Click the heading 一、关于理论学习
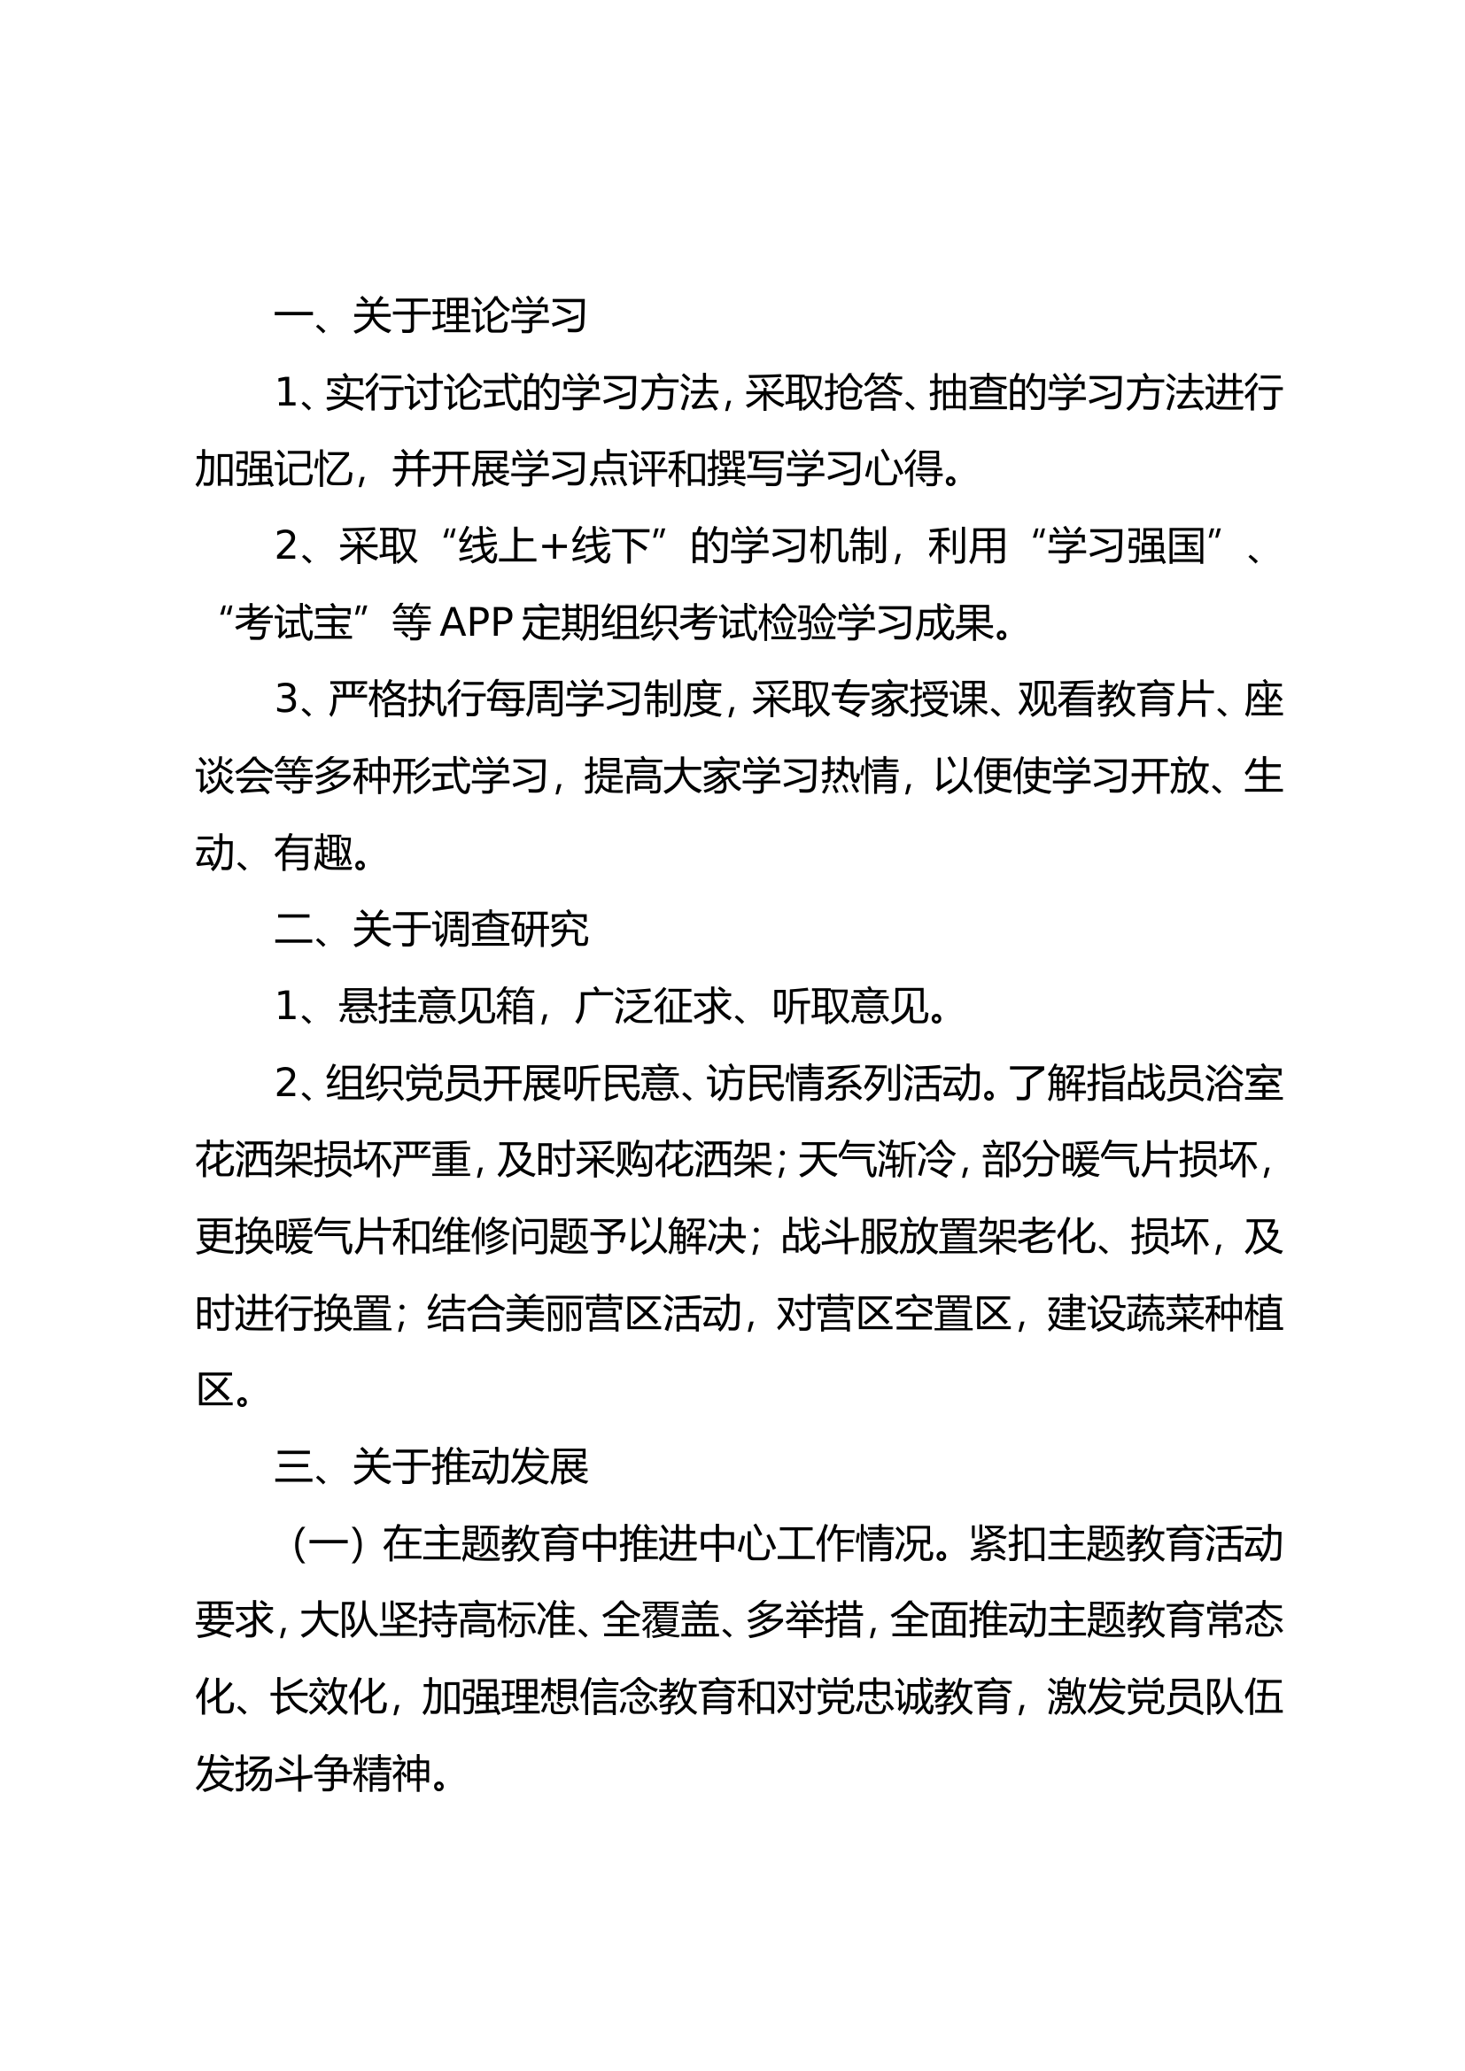(x=430, y=317)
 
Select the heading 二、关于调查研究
(x=430, y=930)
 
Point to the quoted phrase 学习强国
(x=1127, y=546)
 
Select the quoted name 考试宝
(x=292, y=623)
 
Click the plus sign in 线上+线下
(x=554, y=546)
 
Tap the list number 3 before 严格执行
(x=286, y=700)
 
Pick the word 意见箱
(x=437, y=1007)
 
